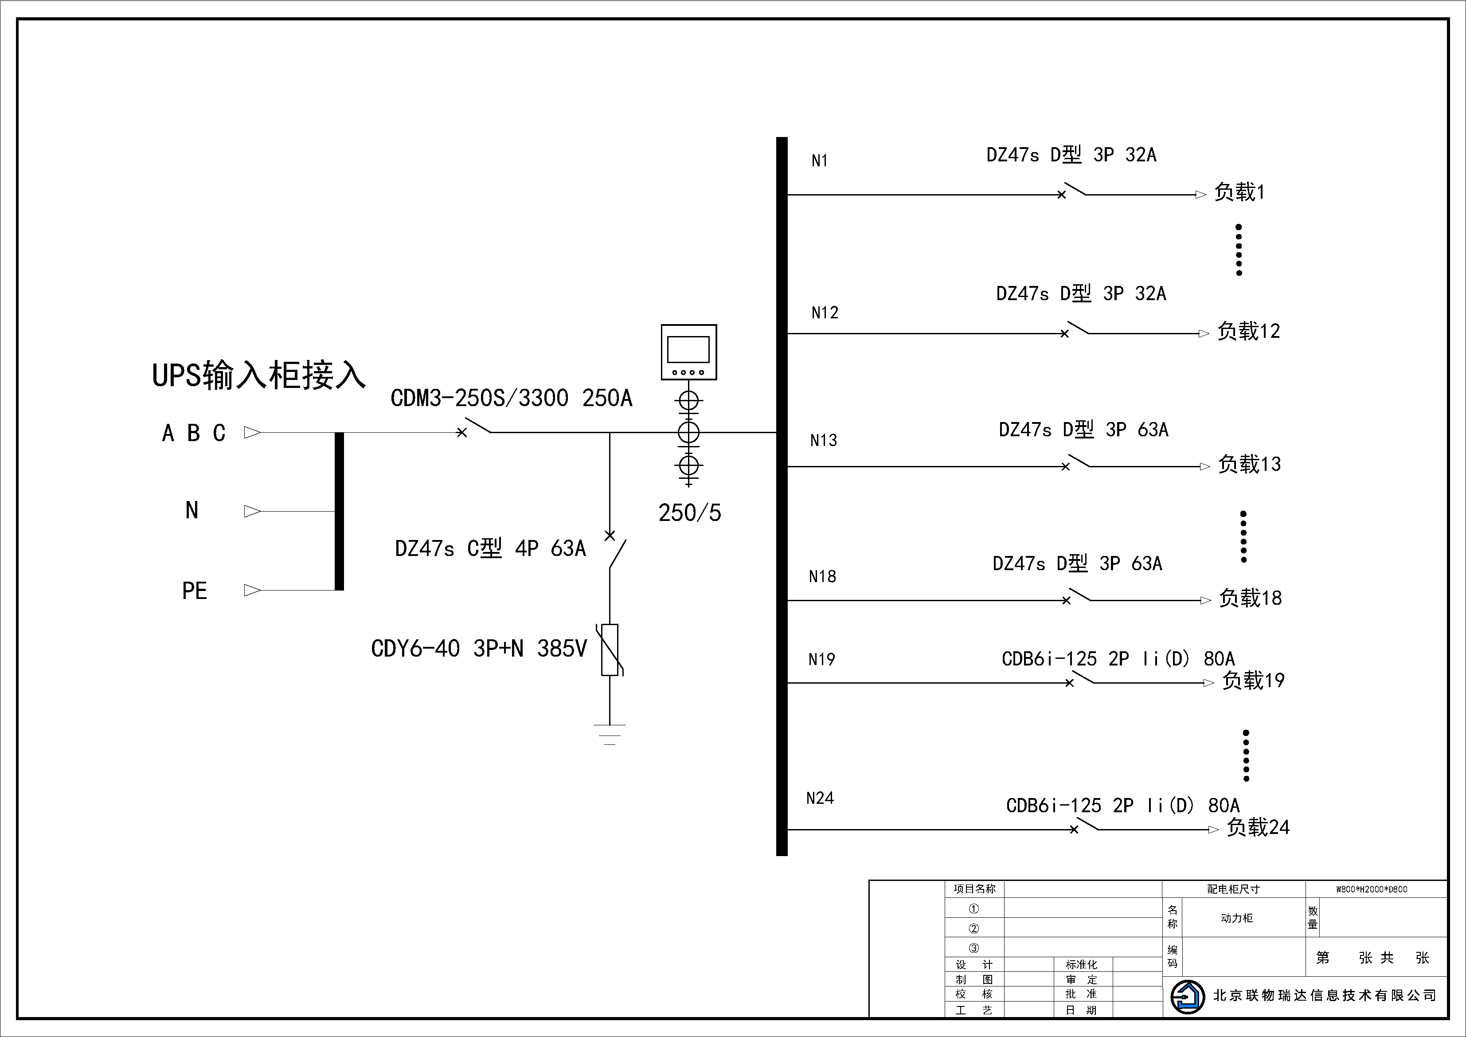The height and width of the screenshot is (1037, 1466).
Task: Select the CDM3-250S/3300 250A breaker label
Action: [x=512, y=398]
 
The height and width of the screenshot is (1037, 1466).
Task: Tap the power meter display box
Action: [x=688, y=352]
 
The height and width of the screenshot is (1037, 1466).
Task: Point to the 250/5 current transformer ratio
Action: [x=690, y=513]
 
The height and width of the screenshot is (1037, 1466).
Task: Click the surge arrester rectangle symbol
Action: [x=610, y=650]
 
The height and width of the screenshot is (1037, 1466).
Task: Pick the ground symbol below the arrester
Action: [x=610, y=734]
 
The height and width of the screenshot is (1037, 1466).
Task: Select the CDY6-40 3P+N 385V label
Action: [x=479, y=649]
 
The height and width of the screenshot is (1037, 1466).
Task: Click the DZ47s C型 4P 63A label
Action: [x=490, y=548]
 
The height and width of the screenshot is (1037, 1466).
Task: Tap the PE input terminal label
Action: [x=195, y=591]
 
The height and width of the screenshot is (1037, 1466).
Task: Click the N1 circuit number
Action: [x=819, y=161]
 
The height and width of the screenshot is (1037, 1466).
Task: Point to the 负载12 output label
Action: [x=1248, y=332]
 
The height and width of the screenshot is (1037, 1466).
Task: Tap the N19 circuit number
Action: [x=822, y=659]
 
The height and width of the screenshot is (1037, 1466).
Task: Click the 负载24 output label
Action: [x=1258, y=828]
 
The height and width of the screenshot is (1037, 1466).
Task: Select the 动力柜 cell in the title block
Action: [x=1237, y=918]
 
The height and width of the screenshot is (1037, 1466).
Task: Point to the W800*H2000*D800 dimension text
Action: [x=1372, y=889]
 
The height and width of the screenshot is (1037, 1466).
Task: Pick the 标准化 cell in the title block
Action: [x=1082, y=965]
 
